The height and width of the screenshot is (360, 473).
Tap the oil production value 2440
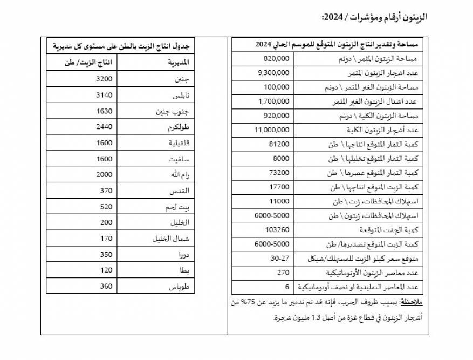coord(103,127)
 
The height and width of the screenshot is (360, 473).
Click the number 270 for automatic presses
coord(283,272)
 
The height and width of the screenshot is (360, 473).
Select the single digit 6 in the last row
coord(287,286)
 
